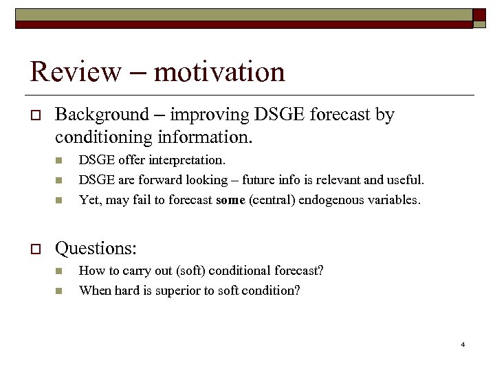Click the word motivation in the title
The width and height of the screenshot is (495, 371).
click(x=219, y=71)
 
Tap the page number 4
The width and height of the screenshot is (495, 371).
click(x=463, y=344)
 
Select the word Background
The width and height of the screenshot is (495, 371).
click(x=101, y=115)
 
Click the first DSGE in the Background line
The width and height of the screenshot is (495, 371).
click(x=280, y=115)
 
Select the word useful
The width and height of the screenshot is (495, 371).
click(x=404, y=180)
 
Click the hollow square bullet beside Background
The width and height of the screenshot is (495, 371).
click(x=34, y=115)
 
